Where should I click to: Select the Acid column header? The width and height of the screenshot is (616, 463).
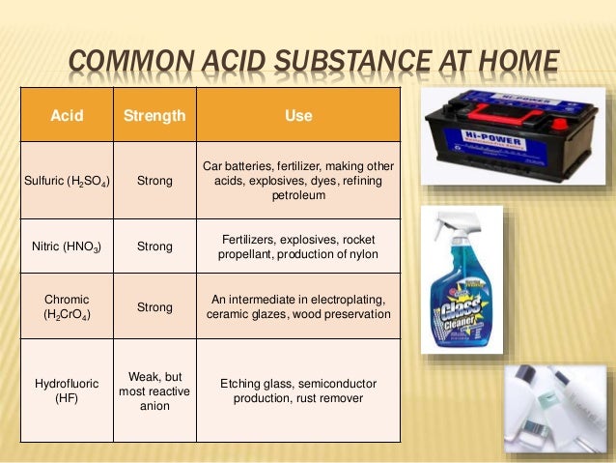(x=67, y=116)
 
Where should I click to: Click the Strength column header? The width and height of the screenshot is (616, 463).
(x=154, y=116)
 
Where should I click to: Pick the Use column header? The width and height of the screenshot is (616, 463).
(x=298, y=116)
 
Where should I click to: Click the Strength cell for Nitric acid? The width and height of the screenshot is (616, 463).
(x=154, y=246)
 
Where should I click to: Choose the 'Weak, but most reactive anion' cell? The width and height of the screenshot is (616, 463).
(x=154, y=391)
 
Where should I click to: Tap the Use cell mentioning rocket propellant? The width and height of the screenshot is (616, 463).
(x=298, y=246)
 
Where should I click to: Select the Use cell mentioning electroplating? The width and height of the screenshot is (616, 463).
(x=298, y=306)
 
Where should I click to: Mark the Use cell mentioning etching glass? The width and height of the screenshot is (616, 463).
(x=298, y=391)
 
